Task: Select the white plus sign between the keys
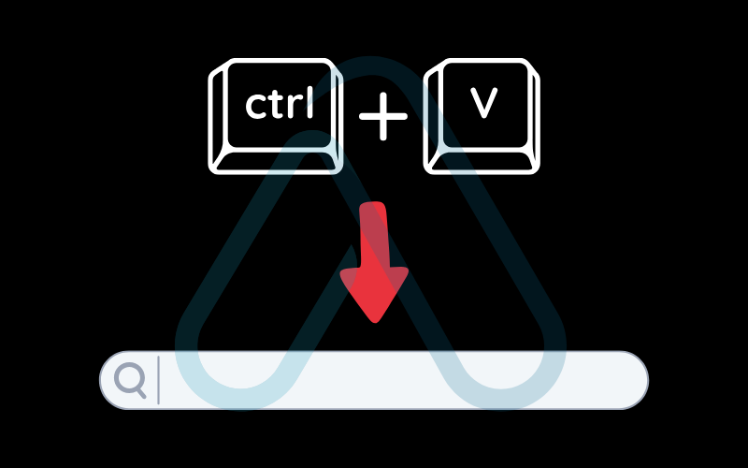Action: pos(383,120)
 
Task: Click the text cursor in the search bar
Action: pos(158,380)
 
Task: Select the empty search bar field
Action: pos(393,380)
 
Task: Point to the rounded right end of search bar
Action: pos(636,380)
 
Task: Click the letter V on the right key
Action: pos(482,105)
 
